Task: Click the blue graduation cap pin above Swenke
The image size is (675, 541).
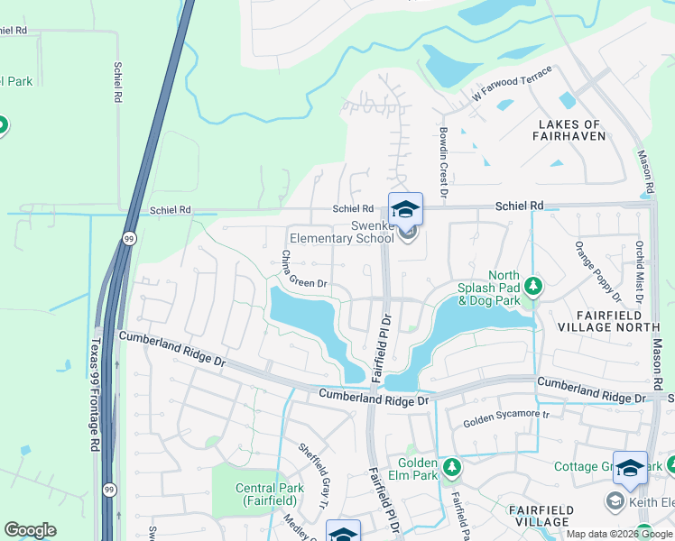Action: pyautogui.click(x=405, y=208)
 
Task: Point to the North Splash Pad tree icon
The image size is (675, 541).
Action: pyautogui.click(x=534, y=286)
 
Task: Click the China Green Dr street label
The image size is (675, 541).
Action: pyautogui.click(x=301, y=271)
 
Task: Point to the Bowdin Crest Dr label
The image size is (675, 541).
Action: pyautogui.click(x=444, y=160)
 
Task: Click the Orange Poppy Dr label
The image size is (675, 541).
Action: pyautogui.click(x=598, y=270)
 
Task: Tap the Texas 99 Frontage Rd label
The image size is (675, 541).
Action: pyautogui.click(x=94, y=394)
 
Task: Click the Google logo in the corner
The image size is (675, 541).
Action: pyautogui.click(x=30, y=530)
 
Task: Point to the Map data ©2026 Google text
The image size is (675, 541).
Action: pyautogui.click(x=619, y=534)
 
